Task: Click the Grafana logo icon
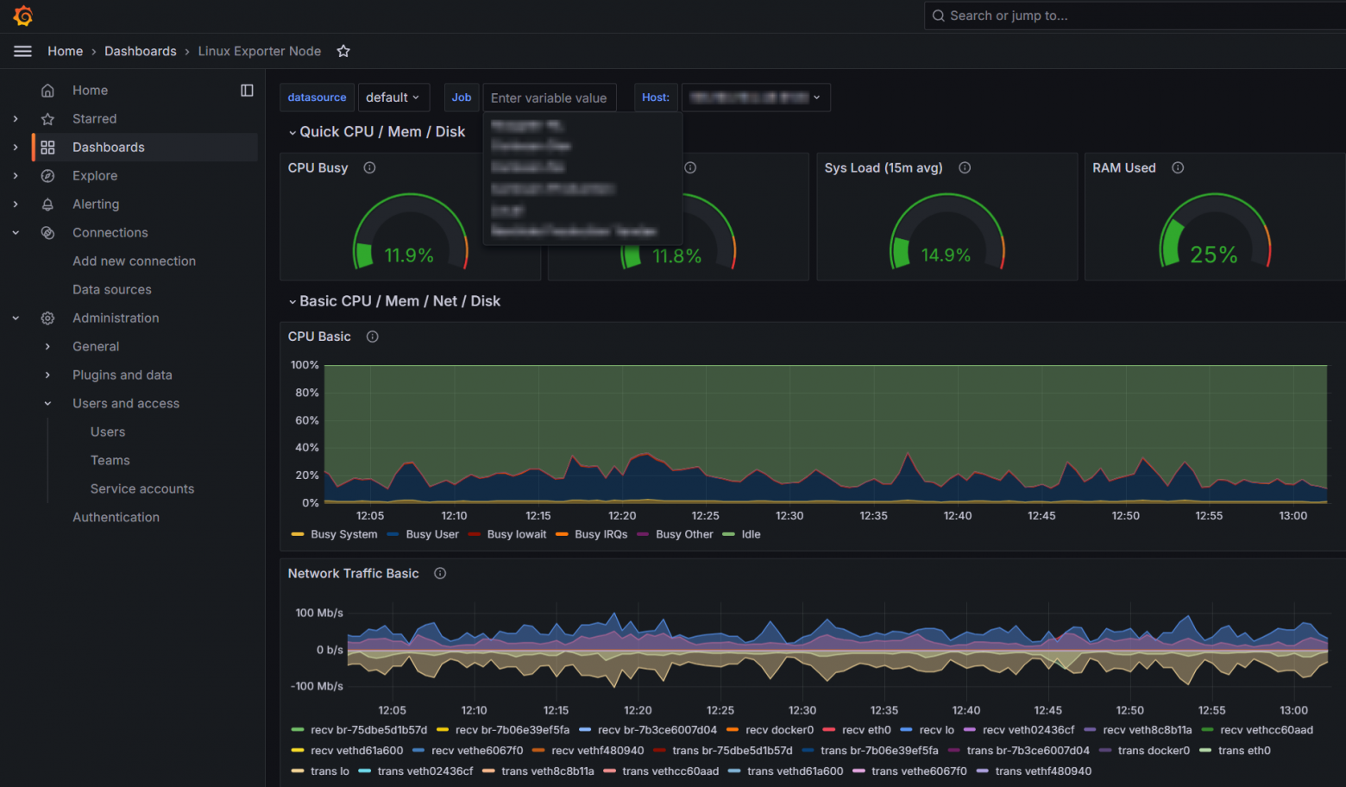(23, 16)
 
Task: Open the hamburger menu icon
(23, 51)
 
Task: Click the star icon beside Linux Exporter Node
(343, 51)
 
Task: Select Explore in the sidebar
(95, 175)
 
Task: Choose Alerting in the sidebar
(96, 204)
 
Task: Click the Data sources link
(112, 289)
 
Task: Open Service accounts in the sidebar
(142, 488)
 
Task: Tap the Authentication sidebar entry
(116, 517)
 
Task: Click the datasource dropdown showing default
(393, 98)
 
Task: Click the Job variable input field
(550, 98)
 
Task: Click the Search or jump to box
(1122, 16)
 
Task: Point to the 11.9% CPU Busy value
(409, 255)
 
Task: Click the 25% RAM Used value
(1213, 255)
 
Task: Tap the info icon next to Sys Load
(965, 167)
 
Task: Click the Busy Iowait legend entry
(516, 534)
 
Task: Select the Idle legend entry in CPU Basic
(751, 534)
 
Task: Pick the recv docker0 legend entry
(779, 730)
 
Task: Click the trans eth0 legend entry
(1243, 751)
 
